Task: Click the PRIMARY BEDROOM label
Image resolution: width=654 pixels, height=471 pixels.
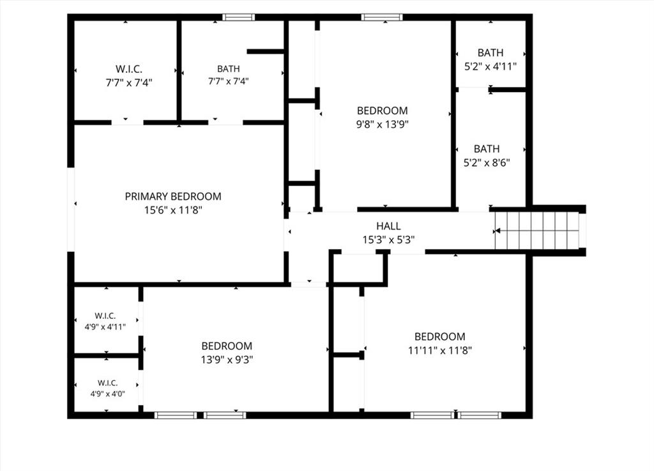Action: tap(173, 196)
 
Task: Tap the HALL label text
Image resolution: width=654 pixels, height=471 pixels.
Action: tap(388, 226)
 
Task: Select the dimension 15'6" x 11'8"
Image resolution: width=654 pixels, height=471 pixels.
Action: tap(173, 210)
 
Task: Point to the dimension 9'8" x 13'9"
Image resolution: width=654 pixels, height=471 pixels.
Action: tap(382, 125)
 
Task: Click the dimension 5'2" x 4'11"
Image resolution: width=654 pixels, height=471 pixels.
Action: tap(490, 66)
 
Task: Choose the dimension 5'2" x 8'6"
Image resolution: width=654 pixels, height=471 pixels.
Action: tap(487, 163)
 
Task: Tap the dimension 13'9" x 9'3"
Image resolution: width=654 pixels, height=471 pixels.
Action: tap(227, 360)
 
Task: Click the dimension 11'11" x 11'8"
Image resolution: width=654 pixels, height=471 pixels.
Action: tap(440, 350)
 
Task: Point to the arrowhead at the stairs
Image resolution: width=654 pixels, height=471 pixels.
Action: tap(497, 231)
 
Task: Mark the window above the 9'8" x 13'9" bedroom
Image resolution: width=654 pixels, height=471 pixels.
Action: tap(382, 17)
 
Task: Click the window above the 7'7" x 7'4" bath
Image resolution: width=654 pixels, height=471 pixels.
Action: tap(238, 17)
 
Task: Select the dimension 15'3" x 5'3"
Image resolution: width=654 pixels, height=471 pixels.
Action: tap(388, 240)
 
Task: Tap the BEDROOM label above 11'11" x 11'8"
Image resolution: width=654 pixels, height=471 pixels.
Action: tap(440, 337)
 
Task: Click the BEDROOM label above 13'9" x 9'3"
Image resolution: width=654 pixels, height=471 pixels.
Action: tap(227, 346)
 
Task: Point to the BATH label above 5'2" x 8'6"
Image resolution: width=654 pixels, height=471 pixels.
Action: tap(487, 149)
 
